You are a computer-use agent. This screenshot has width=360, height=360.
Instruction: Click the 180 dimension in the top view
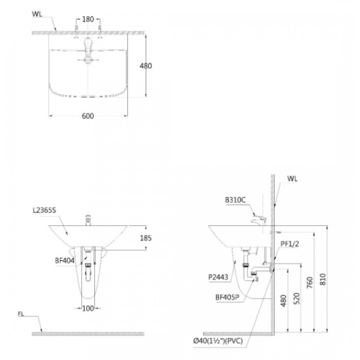tap(88, 19)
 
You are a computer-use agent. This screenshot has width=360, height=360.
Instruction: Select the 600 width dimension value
tap(88, 116)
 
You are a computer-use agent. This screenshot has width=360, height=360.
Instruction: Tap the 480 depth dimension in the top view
tap(146, 66)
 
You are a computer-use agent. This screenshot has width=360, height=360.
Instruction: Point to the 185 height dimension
tap(146, 238)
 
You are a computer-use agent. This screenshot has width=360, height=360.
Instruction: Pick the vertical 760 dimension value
tap(310, 283)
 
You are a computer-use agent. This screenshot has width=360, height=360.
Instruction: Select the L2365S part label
tap(45, 210)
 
